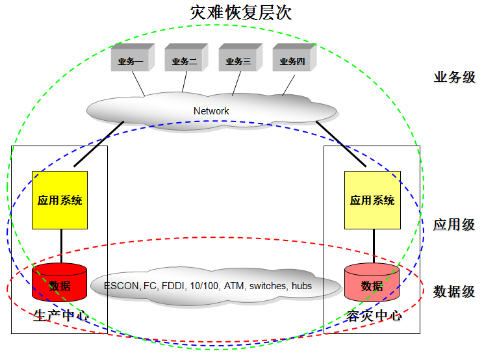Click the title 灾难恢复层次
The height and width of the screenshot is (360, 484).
pyautogui.click(x=242, y=12)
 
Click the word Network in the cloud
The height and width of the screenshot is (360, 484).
pyautogui.click(x=211, y=111)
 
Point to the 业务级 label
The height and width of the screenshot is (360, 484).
pyautogui.click(x=454, y=77)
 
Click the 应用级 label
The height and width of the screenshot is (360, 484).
pyautogui.click(x=454, y=225)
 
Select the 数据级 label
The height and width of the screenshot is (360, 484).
pyautogui.click(x=454, y=291)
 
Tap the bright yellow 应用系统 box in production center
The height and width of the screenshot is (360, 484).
pyautogui.click(x=60, y=200)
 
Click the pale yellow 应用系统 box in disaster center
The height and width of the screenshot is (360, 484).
pyautogui.click(x=372, y=200)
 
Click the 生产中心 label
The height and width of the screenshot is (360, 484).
pyautogui.click(x=60, y=316)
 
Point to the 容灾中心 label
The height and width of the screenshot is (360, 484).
pyautogui.click(x=374, y=316)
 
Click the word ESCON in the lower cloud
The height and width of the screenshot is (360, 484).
pyautogui.click(x=120, y=286)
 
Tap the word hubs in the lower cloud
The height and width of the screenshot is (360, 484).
pyautogui.click(x=301, y=286)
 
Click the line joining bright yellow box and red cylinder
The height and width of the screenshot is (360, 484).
pyautogui.click(x=60, y=246)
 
